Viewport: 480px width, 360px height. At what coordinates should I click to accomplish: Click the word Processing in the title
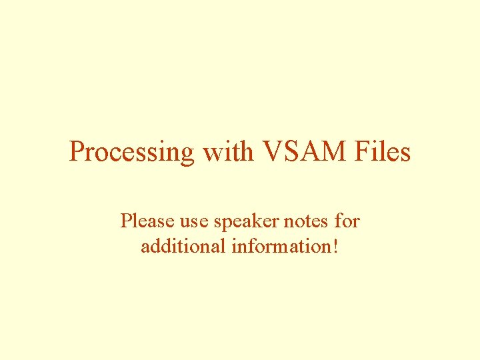(x=131, y=153)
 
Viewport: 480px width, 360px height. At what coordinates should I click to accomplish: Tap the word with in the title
(x=227, y=151)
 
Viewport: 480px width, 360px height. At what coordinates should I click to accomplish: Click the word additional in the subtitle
(x=183, y=247)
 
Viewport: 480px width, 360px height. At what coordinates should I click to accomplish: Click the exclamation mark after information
(x=335, y=247)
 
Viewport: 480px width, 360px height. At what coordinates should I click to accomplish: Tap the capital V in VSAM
(x=274, y=151)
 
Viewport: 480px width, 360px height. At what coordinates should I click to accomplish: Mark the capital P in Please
(x=125, y=221)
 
